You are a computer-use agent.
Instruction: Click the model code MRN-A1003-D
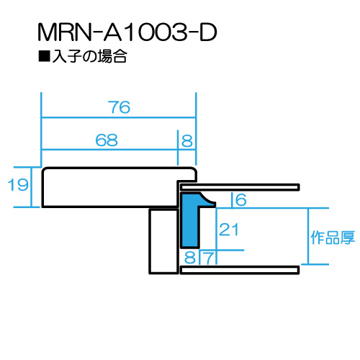coord(127,32)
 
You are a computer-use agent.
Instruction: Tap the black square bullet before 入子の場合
coord(44,56)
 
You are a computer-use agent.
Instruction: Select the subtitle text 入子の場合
coord(89,56)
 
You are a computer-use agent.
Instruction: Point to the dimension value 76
coord(119,107)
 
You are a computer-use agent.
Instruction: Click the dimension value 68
coord(107,140)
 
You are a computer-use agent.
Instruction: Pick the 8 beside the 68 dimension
coord(187,140)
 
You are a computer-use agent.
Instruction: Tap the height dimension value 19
coord(18,184)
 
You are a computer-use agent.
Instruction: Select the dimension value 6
coord(241,199)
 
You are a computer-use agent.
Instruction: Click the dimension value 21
coord(229,230)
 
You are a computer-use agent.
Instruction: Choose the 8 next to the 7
coord(190,258)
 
